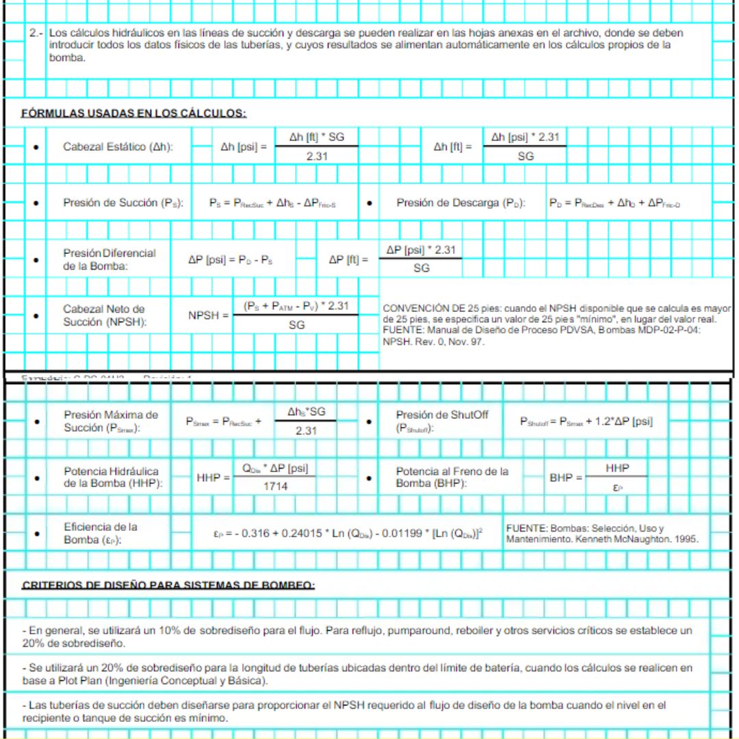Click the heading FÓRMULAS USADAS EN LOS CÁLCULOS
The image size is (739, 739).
[x=133, y=114]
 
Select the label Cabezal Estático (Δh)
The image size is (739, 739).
[x=118, y=147]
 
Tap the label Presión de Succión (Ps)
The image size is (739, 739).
[x=123, y=203]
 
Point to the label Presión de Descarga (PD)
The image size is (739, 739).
[x=461, y=203]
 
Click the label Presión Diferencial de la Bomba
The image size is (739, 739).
[x=109, y=260]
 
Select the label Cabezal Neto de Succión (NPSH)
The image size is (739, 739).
[x=104, y=316]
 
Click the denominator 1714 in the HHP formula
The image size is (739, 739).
[x=275, y=487]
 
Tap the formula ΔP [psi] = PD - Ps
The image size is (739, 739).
[x=231, y=260]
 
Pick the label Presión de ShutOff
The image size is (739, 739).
[x=442, y=422]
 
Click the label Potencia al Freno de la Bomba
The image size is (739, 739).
[x=452, y=478]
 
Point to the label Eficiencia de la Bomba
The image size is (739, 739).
[x=100, y=533]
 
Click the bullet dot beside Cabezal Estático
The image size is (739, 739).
[x=36, y=147]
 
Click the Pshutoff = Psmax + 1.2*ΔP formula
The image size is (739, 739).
[x=586, y=422]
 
